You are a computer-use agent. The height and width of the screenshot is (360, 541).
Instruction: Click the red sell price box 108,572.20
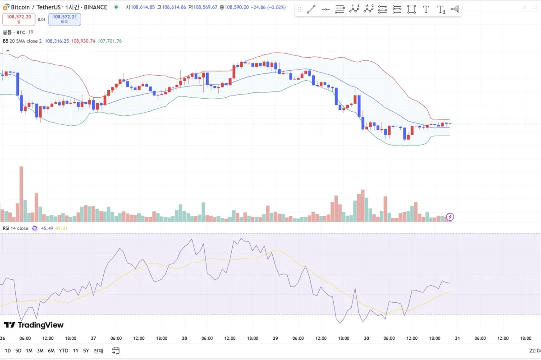pos(19,19)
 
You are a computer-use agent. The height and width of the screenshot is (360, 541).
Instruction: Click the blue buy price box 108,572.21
pos(64,19)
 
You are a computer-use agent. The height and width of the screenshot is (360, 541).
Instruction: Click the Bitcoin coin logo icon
pos(6,7)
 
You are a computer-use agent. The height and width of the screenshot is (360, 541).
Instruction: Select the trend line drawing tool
pos(311,9)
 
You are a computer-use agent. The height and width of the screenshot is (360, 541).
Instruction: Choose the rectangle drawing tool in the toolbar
pos(411,9)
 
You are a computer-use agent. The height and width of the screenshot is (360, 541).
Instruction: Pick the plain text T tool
pos(426,9)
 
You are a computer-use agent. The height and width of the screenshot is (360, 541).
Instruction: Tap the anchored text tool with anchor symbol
pos(441,9)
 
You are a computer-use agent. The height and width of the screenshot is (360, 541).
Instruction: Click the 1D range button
pos(8,351)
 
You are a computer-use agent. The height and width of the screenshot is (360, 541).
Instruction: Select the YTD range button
pos(64,351)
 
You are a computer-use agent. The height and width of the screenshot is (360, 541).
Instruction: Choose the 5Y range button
pos(86,351)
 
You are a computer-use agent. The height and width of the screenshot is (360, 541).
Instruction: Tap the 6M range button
pos(51,351)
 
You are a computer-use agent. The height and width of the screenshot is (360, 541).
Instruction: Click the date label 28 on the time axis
pos(184,338)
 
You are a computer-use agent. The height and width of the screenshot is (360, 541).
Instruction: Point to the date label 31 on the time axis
pos(457,338)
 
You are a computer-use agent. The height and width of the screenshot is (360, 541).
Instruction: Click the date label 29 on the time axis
pos(275,338)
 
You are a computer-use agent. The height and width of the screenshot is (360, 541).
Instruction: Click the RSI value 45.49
pos(47,228)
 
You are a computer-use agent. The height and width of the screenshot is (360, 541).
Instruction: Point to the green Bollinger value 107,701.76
pos(110,41)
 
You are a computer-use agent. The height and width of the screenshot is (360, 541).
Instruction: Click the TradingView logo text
pos(34,325)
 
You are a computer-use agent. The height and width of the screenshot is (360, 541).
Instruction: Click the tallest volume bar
pos(21,194)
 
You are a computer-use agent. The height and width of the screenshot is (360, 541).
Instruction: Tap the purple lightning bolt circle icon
pos(450,217)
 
